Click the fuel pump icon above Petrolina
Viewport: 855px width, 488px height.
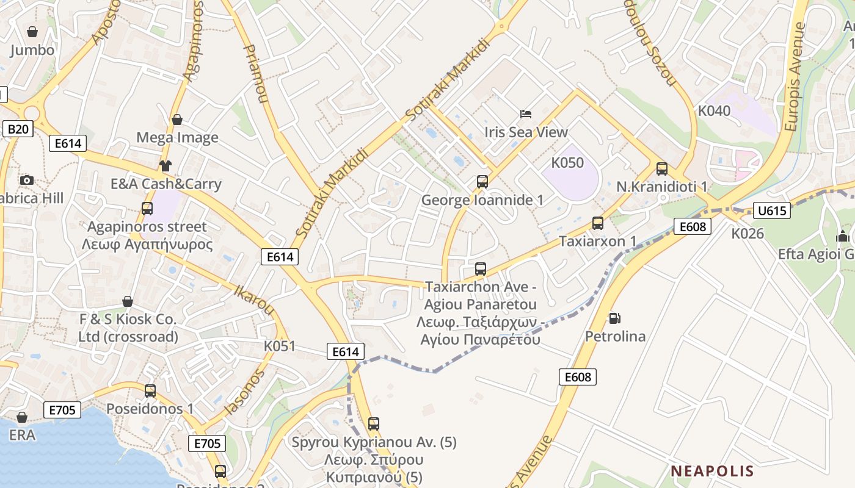[614, 318]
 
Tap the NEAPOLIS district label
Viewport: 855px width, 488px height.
[712, 471]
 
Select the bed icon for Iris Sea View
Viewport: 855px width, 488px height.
[526, 113]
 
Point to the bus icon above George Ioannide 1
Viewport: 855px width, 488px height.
[482, 181]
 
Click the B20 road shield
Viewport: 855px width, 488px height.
[18, 129]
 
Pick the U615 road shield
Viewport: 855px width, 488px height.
[772, 211]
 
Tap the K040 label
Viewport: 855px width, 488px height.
[714, 111]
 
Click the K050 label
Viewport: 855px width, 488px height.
[567, 163]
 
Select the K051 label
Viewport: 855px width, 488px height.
[280, 346]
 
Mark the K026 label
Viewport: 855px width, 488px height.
[748, 233]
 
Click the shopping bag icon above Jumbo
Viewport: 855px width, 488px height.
[32, 32]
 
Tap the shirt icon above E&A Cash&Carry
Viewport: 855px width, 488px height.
[166, 165]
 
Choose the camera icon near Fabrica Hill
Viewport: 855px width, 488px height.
[26, 180]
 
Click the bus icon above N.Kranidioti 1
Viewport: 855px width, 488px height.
[662, 168]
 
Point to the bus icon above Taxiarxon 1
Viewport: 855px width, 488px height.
[598, 223]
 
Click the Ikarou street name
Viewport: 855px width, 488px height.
[254, 299]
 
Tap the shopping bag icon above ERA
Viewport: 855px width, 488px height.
[22, 417]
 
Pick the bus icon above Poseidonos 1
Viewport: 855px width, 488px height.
[150, 390]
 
